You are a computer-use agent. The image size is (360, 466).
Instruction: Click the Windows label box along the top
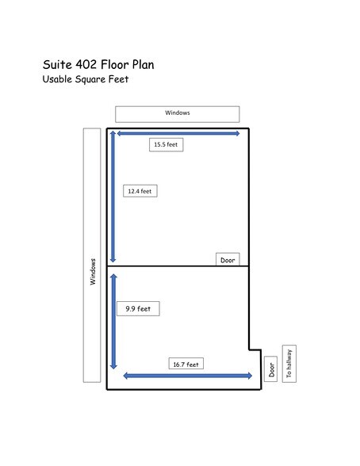click(177, 113)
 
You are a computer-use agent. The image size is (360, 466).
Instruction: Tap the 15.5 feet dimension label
click(166, 144)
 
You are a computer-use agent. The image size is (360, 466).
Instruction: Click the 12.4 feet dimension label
click(140, 191)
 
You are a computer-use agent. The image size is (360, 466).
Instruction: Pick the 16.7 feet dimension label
click(186, 364)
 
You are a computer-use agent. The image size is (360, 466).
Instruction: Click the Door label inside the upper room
click(228, 259)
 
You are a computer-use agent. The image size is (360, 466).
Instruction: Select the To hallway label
click(289, 363)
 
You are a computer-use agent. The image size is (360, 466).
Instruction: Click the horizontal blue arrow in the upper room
click(178, 133)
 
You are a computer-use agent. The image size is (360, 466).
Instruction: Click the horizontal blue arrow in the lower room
click(188, 376)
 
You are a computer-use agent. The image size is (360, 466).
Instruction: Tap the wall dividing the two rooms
click(178, 265)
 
